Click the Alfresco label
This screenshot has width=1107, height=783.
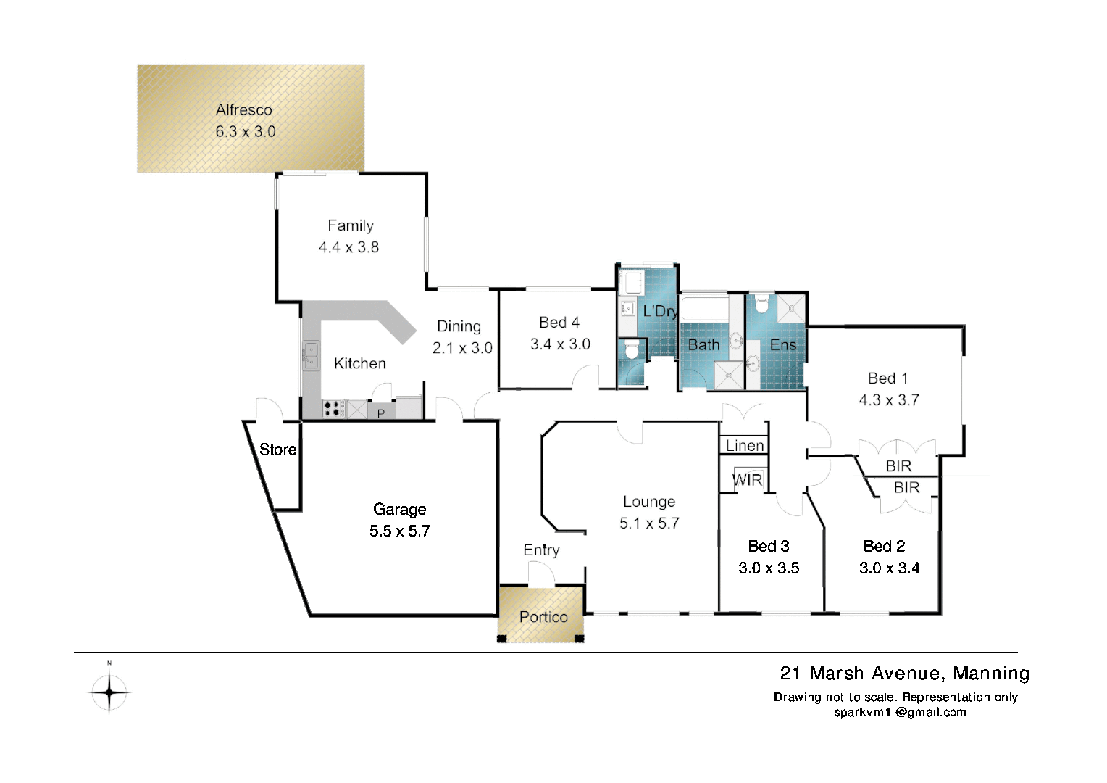243,110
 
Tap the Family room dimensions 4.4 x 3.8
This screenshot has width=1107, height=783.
348,247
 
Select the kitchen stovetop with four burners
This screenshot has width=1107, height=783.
333,409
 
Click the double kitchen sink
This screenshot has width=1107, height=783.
311,356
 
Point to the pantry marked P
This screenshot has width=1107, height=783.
380,413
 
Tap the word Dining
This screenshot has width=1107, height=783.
459,326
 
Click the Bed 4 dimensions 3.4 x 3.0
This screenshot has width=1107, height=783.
560,344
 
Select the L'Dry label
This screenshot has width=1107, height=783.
660,312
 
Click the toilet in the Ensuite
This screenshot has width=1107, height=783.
761,304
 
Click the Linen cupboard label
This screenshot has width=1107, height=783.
745,445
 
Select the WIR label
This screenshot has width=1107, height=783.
746,479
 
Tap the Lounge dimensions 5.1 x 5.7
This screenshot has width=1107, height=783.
649,523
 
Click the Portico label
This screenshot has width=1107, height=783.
543,617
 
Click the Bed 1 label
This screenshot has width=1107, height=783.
887,378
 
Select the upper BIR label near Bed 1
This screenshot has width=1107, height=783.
898,466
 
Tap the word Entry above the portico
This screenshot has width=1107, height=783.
541,551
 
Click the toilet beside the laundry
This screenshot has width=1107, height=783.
632,351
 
